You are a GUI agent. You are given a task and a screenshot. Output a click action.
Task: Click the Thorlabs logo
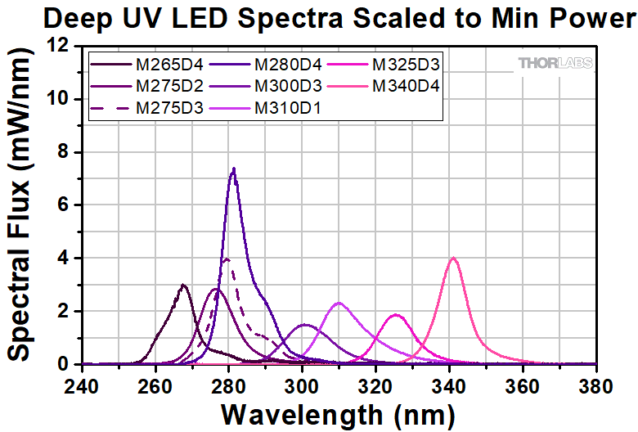coord(555,64)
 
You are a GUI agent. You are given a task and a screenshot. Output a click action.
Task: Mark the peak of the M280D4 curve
coord(234,169)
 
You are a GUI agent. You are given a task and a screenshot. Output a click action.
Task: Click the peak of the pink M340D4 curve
coord(453,259)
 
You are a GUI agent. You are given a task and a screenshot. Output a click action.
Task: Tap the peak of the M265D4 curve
coord(183,285)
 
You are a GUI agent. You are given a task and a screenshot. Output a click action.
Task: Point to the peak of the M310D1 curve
coord(339,304)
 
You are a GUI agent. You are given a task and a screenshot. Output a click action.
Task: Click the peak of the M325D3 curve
coord(397,315)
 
